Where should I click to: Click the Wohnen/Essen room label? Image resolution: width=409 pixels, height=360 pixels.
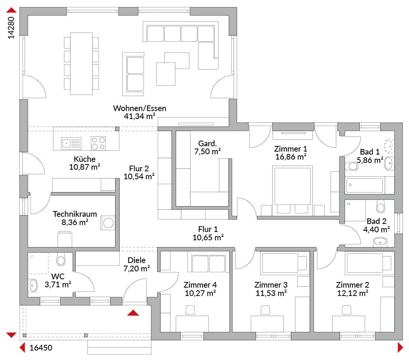139,108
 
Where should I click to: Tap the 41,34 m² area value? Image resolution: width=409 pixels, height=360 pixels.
139,116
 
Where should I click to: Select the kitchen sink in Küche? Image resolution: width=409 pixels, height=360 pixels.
71,143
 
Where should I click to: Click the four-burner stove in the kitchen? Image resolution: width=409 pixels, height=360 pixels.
98,143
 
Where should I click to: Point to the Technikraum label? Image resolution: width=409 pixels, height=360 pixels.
75,214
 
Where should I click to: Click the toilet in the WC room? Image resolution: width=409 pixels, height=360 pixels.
61,259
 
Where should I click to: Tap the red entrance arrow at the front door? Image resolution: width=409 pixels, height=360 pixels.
133,313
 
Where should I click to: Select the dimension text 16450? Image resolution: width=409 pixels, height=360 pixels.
41,348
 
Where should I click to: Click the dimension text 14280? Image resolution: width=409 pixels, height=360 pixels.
11,28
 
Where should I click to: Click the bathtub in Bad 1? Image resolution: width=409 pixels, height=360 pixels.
364,185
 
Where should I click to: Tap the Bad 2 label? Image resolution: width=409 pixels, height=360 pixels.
376,221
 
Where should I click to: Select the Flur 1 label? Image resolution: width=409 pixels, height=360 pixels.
208,229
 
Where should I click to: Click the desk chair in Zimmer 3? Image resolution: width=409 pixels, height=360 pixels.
265,310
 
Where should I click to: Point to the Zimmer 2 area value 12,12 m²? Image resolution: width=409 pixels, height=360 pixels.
353,293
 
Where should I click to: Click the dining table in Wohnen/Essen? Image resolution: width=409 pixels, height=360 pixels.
81,64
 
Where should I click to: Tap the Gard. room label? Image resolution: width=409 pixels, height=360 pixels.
208,143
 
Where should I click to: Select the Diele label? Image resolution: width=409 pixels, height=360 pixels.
137,260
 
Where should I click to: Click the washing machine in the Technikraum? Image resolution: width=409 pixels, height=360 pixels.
108,223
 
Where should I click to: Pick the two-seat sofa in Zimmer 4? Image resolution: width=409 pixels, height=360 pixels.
208,264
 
